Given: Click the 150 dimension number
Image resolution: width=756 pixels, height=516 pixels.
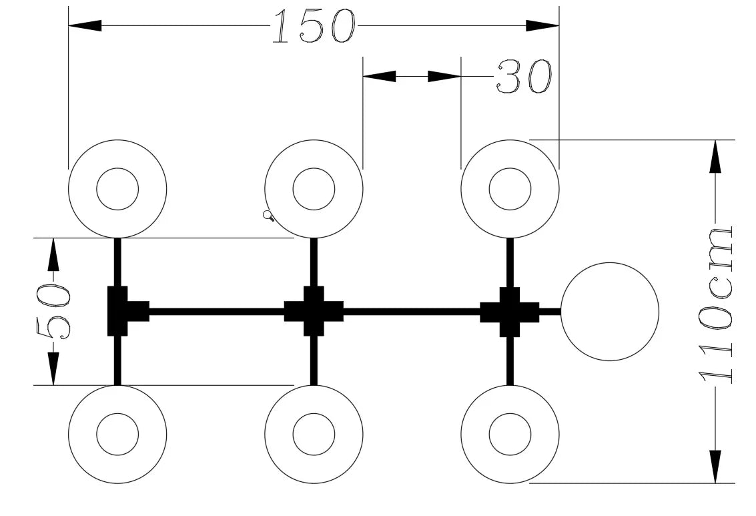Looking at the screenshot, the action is [x=314, y=27].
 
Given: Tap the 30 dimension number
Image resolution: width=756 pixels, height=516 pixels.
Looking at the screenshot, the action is [x=524, y=76].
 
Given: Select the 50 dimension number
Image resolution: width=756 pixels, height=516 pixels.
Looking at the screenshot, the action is [x=53, y=312].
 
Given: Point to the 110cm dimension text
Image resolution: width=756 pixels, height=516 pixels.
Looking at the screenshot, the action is [x=716, y=305].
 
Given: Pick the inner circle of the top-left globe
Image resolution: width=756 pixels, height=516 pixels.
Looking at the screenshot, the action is [x=117, y=168].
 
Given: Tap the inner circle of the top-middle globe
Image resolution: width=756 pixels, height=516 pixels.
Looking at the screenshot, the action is [x=314, y=168].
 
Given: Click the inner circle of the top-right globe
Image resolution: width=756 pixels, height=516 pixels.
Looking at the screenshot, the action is [x=510, y=168].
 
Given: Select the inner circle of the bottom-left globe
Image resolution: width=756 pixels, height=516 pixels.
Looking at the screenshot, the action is [x=117, y=414].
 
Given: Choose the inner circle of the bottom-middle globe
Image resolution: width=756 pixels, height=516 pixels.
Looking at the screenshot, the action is [x=314, y=414].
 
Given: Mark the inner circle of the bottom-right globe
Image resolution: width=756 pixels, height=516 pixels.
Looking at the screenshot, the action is [x=510, y=414].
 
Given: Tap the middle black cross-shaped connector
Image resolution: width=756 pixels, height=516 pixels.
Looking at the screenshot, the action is [x=314, y=311].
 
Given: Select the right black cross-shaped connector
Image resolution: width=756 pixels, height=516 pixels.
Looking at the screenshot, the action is [x=510, y=311].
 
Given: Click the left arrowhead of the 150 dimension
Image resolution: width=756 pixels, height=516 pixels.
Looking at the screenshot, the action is [x=85, y=25].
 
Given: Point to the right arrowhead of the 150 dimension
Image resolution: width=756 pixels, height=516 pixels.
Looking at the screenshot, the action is [x=542, y=25].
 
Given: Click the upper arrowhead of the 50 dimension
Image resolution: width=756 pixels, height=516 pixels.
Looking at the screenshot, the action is [x=53, y=254].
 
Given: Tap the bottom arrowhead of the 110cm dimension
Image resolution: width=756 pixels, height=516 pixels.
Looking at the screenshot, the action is [x=716, y=467].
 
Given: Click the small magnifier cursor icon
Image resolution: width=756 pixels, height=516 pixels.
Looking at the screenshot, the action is [x=268, y=216].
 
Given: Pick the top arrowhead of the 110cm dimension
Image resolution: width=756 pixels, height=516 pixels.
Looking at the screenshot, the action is [x=716, y=156].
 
